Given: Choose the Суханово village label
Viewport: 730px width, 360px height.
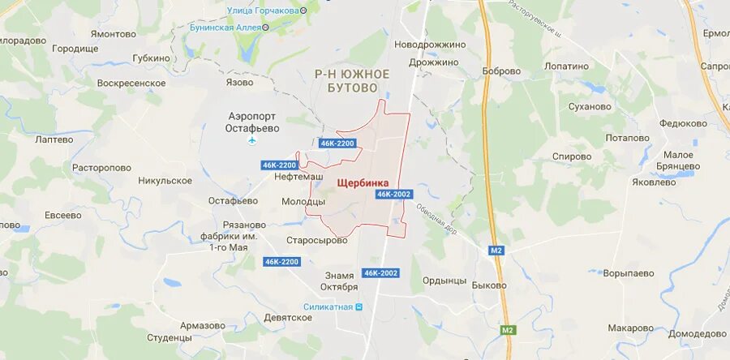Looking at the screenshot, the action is coord(590,106).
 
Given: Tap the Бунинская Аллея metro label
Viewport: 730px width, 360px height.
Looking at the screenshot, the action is coord(223,27).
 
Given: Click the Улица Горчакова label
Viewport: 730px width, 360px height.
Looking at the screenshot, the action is coord(260,10).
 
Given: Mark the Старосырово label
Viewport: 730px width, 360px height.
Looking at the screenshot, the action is coord(317,240).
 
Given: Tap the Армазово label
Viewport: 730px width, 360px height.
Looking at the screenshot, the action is coord(203,326).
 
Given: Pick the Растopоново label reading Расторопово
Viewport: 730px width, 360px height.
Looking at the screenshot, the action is coord(101,168).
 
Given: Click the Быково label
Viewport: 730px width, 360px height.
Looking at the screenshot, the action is coord(489,285).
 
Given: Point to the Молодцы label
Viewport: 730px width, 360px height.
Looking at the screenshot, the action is coord(303,201).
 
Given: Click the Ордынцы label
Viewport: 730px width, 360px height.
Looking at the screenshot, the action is coord(444,281).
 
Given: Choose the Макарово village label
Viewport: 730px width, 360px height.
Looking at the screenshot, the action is coord(630,328).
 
